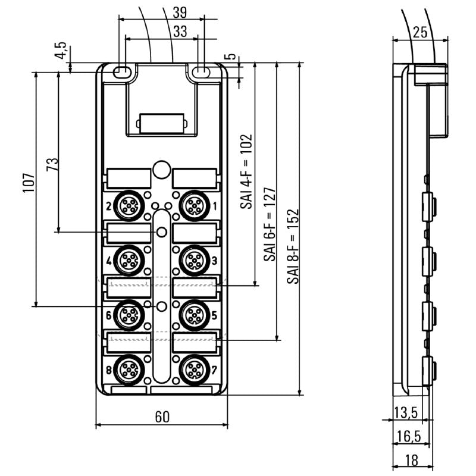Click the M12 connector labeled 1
tap(193, 206)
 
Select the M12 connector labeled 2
tap(129, 206)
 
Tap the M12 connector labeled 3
tap(193, 259)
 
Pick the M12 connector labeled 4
tap(129, 259)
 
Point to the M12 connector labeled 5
tap(193, 314)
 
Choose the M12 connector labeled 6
tap(129, 314)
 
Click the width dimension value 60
tap(162, 417)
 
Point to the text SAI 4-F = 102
tap(246, 171)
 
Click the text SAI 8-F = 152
tap(292, 246)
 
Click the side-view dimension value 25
tap(419, 33)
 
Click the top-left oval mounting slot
tap(121, 72)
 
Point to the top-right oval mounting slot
tap(201, 72)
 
